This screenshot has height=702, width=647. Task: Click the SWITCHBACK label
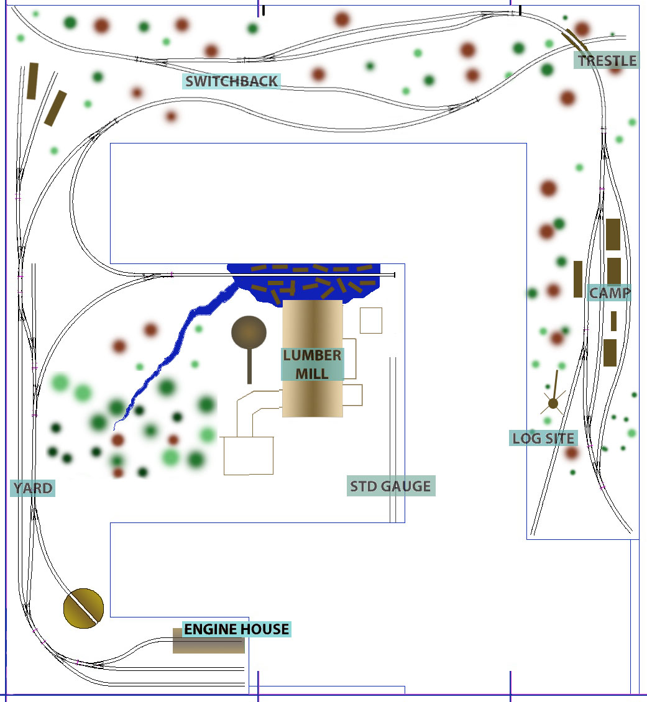pos(231,81)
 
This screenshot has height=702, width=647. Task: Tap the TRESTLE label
pos(607,60)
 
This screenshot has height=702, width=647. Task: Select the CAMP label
pos(609,293)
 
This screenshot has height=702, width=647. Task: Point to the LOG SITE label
pos(543,439)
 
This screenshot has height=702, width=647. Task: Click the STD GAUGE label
pos(391,486)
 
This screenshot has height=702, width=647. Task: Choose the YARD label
pos(33,488)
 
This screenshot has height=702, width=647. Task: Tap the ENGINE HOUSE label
pos(236,629)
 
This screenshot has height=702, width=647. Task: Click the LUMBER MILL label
pos(312,365)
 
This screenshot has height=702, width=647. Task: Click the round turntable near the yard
pos(84,608)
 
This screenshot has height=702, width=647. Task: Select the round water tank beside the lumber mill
pos(249,333)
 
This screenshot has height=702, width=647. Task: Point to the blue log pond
pos(305,283)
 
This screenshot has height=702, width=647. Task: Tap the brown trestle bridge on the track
pos(575,39)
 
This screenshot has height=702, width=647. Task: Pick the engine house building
pos(209,640)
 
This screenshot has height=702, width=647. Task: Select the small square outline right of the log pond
pos(371,321)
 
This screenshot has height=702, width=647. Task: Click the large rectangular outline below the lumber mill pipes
pos(249,456)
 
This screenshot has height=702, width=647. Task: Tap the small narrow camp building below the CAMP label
pos(613,321)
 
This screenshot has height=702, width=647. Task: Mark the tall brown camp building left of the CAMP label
pos(578,280)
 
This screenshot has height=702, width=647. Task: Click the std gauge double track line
pos(393,440)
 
